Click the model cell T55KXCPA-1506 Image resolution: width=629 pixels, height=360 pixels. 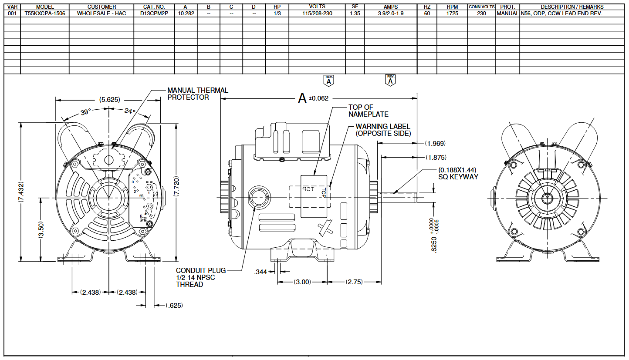pyautogui.click(x=45, y=13)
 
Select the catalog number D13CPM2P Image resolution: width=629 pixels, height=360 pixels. pyautogui.click(x=154, y=13)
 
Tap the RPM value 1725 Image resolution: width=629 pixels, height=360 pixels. pyautogui.click(x=452, y=13)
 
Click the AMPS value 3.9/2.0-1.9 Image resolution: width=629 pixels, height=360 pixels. pyautogui.click(x=391, y=13)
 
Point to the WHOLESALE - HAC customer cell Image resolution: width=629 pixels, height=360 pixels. pyautogui.click(x=101, y=13)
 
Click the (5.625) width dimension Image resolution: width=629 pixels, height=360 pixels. pyautogui.click(x=109, y=99)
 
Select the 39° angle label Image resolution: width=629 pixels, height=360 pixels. pyautogui.click(x=86, y=112)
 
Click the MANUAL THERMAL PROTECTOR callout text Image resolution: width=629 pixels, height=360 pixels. pyautogui.click(x=197, y=94)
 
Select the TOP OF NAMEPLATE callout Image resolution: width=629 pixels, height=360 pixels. pyautogui.click(x=368, y=111)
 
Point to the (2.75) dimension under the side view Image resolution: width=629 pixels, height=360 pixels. pyautogui.click(x=354, y=282)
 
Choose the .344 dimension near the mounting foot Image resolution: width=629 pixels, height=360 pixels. pyautogui.click(x=260, y=272)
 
